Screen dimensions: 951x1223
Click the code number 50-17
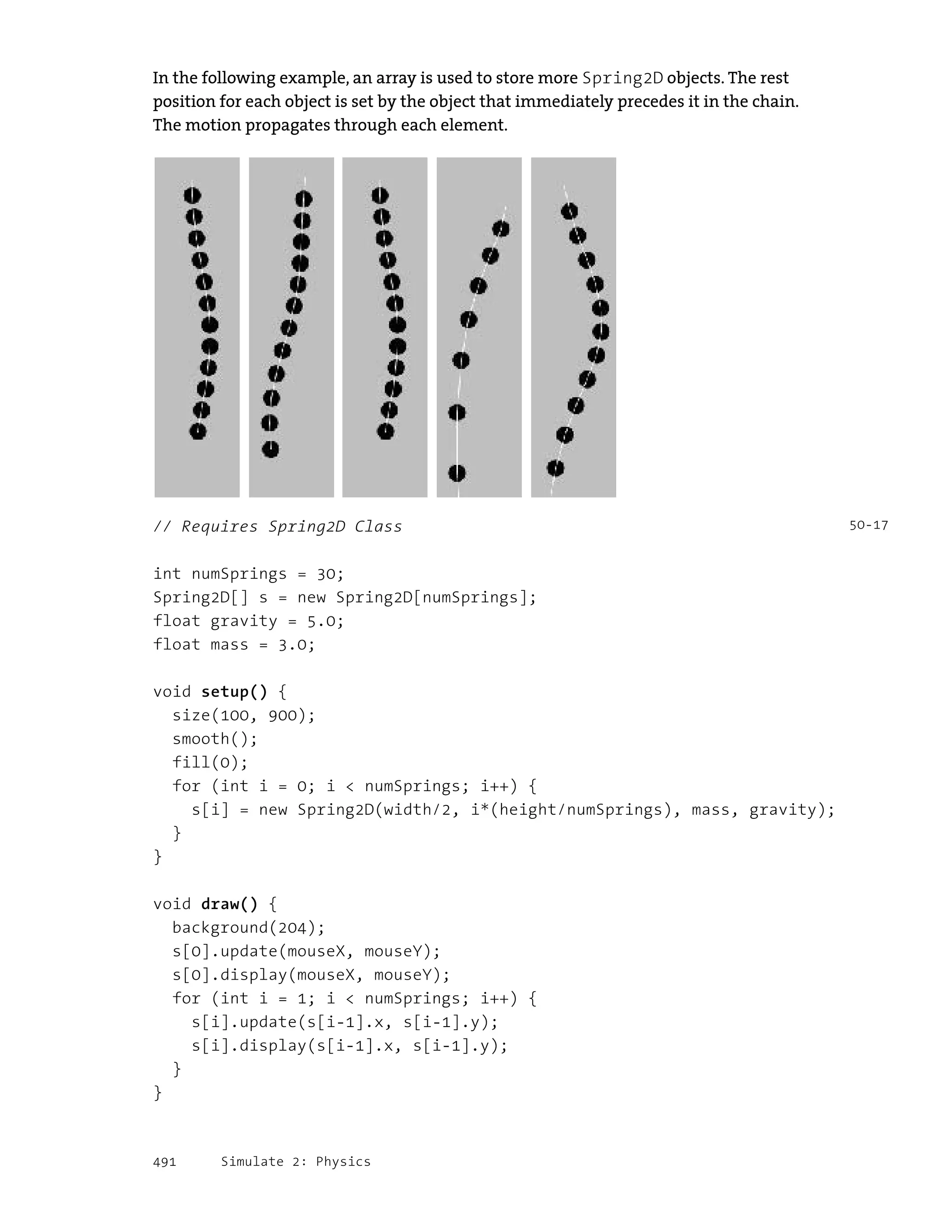click(868, 525)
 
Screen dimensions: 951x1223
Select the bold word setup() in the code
click(234, 692)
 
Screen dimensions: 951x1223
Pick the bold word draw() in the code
click(229, 904)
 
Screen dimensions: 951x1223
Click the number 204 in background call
click(292, 928)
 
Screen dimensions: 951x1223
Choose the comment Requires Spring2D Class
click(291, 526)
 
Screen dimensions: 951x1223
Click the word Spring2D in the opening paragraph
click(622, 78)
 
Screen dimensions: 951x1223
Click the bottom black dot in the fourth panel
click(457, 473)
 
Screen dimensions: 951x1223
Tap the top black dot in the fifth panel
click(569, 211)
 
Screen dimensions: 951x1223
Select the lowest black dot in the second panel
click(270, 449)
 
